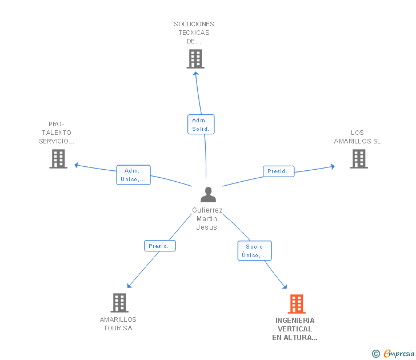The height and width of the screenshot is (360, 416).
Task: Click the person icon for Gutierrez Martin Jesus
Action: (x=209, y=194)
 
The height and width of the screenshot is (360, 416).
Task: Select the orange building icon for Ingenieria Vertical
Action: (x=296, y=304)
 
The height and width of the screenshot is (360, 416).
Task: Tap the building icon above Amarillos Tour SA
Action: (x=119, y=302)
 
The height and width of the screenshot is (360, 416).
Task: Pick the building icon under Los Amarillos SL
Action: (x=358, y=159)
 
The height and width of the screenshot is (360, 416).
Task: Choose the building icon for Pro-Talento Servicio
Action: (x=58, y=159)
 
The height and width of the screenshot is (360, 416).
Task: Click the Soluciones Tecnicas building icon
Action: (x=195, y=59)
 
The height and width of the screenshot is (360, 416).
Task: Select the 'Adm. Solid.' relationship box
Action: (x=201, y=125)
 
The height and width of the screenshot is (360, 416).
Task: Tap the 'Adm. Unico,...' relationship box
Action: (x=133, y=175)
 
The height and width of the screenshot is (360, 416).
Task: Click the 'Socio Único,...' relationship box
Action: (x=254, y=251)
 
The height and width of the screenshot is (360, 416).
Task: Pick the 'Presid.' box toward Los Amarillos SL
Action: (x=278, y=171)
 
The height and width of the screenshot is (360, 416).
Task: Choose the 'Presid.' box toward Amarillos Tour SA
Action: (x=159, y=246)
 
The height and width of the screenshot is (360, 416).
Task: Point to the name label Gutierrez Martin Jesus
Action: (x=207, y=219)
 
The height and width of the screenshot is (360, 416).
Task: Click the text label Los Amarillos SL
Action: (x=358, y=137)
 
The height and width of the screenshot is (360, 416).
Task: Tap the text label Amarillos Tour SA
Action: (x=118, y=323)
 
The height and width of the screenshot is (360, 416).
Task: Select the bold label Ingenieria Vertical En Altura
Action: (x=295, y=329)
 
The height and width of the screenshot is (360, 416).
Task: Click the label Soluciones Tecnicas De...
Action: (x=194, y=33)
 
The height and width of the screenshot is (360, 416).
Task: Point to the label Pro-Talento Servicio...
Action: (x=57, y=133)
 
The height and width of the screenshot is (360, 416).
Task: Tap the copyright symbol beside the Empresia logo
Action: (x=376, y=354)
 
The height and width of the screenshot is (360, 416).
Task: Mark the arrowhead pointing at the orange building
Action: (x=285, y=287)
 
